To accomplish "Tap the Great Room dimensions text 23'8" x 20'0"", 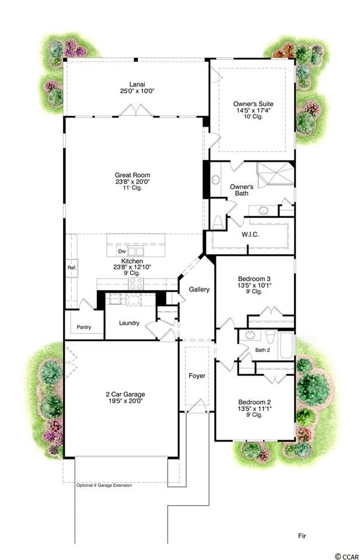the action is click(132, 182).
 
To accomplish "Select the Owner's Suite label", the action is click(253, 104).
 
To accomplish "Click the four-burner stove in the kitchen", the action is click(136, 283).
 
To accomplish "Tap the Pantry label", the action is click(84, 327).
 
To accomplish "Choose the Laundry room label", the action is click(129, 323).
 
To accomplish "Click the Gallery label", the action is click(199, 289).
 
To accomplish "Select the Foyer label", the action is click(197, 375).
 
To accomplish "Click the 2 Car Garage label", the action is click(125, 394).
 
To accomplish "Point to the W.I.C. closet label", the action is click(250, 235).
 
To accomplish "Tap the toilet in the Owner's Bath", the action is click(217, 222).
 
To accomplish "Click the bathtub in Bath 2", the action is click(286, 345).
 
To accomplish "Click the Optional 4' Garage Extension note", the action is click(104, 485).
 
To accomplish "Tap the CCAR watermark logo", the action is click(347, 556).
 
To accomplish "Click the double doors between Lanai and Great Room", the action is click(136, 110).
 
